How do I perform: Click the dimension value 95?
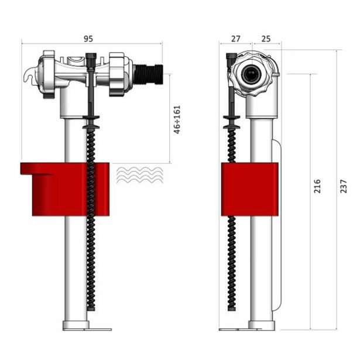[88, 39]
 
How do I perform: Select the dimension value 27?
[235, 39]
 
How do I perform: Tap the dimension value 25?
[266, 39]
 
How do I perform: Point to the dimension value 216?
[317, 187]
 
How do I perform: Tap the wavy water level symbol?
[140, 174]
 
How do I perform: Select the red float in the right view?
[249, 189]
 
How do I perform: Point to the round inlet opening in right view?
[252, 74]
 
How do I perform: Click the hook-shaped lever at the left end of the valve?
[29, 77]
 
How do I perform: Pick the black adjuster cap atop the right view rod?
[232, 58]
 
